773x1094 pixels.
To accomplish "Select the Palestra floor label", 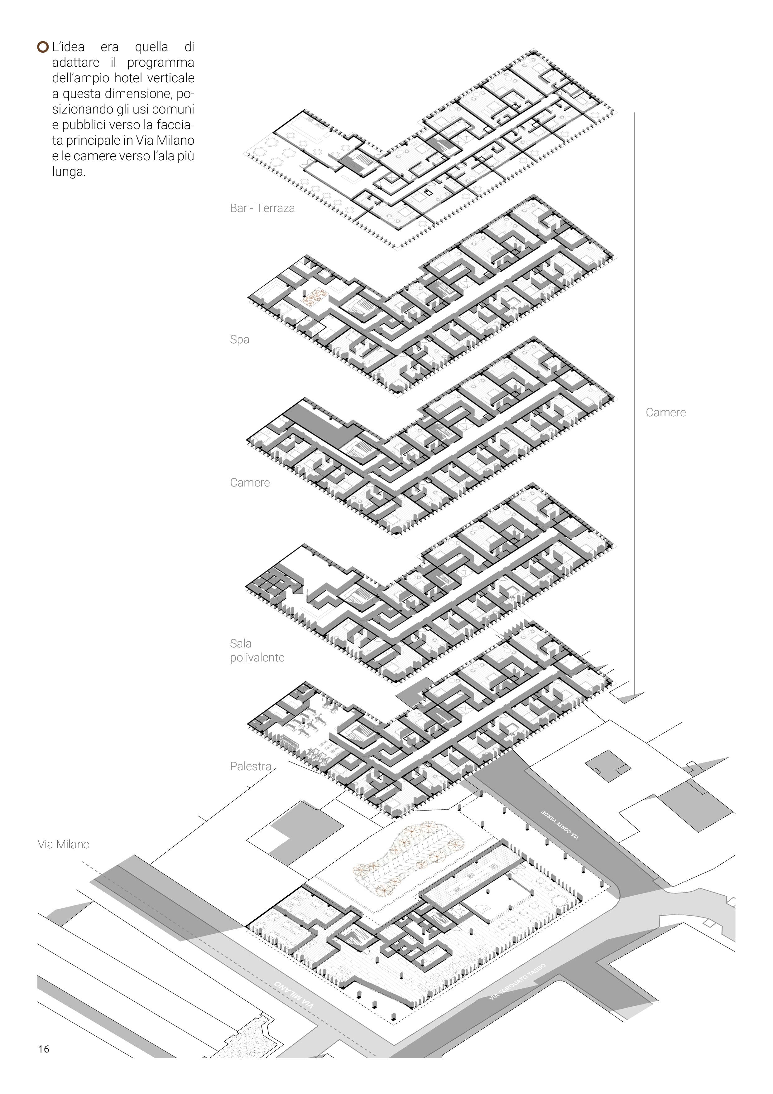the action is coord(251,766).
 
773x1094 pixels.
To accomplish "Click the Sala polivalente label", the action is coord(257,651).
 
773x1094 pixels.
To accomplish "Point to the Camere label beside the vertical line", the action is coord(665,413).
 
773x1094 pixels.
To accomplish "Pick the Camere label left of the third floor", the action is coord(250,483).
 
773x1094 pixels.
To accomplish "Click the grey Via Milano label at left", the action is coord(63,844).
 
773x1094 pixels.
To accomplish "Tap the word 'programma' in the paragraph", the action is coord(161,63).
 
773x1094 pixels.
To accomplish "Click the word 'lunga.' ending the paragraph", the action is coord(69,172).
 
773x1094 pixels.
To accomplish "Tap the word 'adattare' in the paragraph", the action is coord(76,63).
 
